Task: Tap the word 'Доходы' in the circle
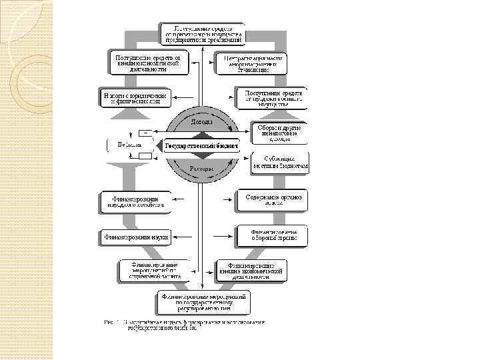click(201, 123)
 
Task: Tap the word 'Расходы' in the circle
click(201, 169)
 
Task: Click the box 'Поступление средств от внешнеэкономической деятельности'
click(149, 63)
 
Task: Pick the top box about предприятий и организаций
click(201, 33)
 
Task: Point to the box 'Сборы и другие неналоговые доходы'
click(279, 133)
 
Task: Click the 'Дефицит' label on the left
click(122, 145)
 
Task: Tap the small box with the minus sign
click(145, 132)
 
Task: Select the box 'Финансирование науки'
click(135, 235)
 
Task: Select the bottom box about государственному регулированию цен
click(203, 301)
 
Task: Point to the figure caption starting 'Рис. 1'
click(183, 325)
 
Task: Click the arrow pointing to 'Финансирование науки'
click(179, 235)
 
